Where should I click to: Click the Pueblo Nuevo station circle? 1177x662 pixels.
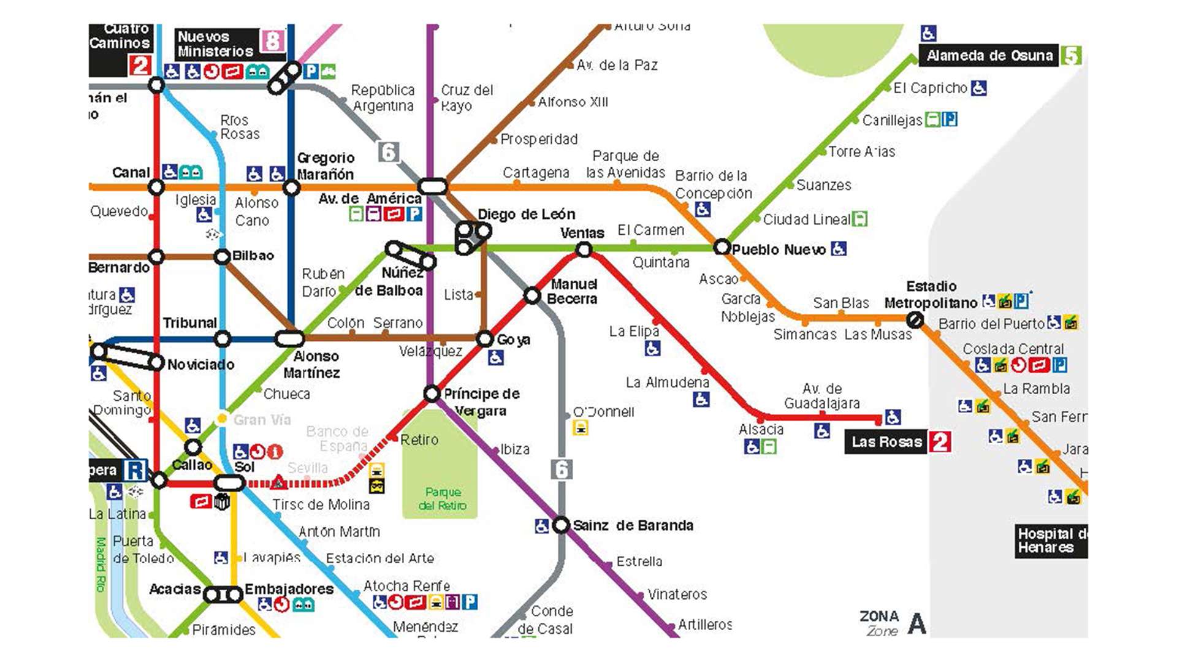[x=722, y=247]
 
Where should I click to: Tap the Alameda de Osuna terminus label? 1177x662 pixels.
[x=989, y=56]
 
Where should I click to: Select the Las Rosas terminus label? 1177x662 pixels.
[x=886, y=442]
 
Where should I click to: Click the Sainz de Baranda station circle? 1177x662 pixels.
[x=561, y=525]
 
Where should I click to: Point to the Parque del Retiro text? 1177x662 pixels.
[x=443, y=499]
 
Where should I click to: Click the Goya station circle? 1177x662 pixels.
[x=485, y=338]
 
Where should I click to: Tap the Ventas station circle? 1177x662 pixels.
[x=584, y=249]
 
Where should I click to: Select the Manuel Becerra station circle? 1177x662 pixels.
[x=532, y=295]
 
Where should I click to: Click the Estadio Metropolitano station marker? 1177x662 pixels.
[x=915, y=319]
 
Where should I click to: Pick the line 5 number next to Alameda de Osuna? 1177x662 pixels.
[x=1071, y=56]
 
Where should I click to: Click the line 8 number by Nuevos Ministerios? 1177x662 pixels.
[x=273, y=42]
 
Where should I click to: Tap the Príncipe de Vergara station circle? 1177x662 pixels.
[x=432, y=393]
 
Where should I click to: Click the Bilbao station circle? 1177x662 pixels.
[x=222, y=257]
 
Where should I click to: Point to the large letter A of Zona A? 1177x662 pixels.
[x=917, y=624]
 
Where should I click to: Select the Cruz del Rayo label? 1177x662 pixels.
[x=467, y=97]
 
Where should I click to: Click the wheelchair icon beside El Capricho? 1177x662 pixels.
[x=979, y=88]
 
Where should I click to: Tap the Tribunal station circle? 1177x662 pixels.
[x=223, y=338]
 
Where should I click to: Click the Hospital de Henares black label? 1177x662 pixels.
[x=1051, y=541]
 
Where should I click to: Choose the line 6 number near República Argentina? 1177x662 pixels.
[x=388, y=151]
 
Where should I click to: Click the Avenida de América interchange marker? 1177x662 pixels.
[x=432, y=186]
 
